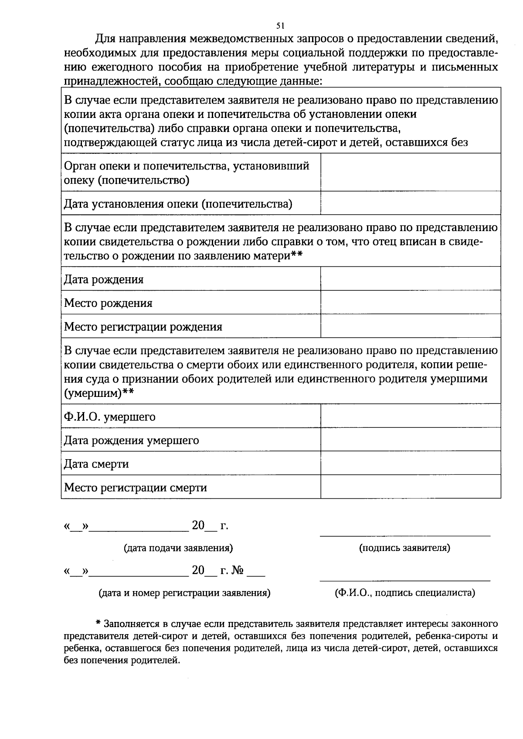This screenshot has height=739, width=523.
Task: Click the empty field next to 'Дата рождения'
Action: point(411,279)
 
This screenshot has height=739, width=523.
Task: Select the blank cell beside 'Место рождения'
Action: point(411,302)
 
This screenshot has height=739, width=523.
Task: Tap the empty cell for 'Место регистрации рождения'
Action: point(411,326)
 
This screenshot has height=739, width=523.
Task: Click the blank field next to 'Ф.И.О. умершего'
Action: point(411,416)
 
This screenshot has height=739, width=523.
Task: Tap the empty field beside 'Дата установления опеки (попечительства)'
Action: point(411,203)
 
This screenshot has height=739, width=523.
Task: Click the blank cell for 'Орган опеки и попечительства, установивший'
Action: point(411,172)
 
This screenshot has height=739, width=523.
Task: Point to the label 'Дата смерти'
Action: point(96,464)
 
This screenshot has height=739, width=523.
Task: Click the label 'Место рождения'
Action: point(108,303)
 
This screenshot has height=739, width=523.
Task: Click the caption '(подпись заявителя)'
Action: point(404,548)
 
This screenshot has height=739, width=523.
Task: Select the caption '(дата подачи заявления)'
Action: point(178,548)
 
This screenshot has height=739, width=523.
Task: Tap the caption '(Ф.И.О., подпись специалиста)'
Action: point(405,593)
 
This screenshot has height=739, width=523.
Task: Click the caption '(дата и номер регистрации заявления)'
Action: point(185,593)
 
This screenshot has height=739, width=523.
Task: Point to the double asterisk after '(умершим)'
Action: point(128,392)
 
